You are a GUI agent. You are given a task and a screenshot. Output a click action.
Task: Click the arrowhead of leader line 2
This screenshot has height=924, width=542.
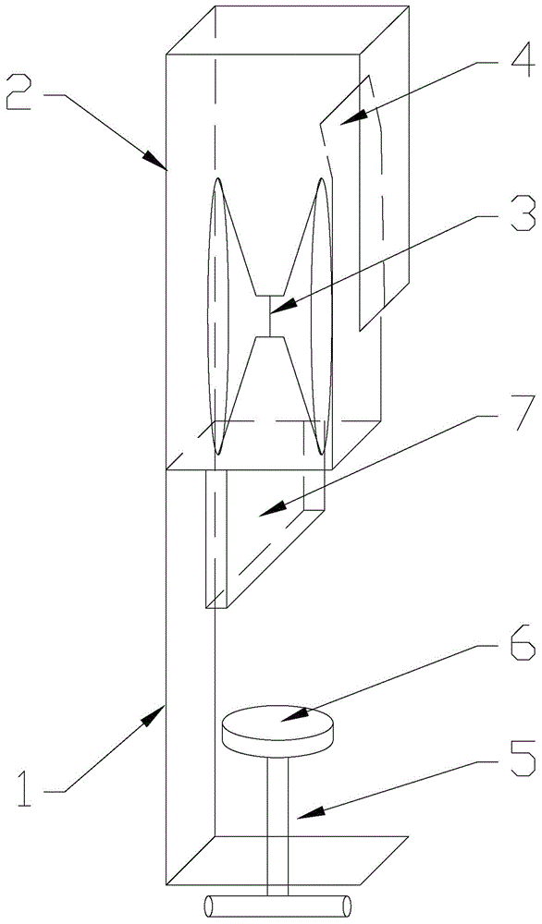158,162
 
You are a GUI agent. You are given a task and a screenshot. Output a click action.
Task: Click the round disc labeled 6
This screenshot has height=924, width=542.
277,731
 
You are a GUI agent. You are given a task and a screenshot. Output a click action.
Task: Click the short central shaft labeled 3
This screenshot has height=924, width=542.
269,315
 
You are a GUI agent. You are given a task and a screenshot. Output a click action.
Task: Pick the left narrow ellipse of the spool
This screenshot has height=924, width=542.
216,316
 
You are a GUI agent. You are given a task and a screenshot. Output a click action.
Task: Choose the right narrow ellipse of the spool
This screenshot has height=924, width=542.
322,316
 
